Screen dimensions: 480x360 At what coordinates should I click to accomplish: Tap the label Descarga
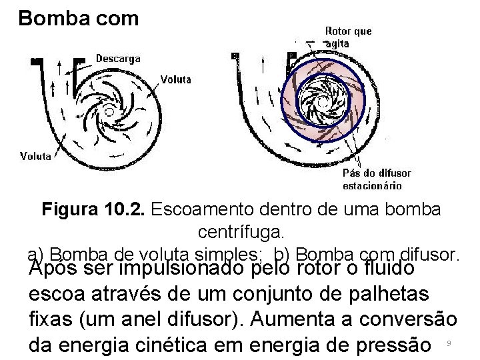click(x=118, y=59)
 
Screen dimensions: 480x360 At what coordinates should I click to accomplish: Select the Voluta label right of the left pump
click(x=175, y=79)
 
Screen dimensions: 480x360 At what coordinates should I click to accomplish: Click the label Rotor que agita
click(x=347, y=37)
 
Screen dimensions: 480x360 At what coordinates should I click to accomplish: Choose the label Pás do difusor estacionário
click(x=376, y=179)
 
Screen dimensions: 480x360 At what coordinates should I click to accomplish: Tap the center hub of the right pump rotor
click(x=323, y=102)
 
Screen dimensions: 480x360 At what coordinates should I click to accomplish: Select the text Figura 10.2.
click(x=93, y=209)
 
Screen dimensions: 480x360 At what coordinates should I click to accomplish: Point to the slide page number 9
click(x=449, y=343)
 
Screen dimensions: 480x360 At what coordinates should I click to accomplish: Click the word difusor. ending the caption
click(x=431, y=255)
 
